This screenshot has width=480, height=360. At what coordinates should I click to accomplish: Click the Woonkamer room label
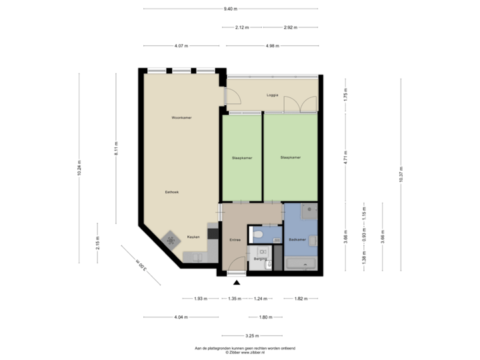click(181, 117)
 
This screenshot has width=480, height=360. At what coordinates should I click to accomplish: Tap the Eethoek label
click(172, 193)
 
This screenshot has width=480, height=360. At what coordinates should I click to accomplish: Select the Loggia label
click(272, 95)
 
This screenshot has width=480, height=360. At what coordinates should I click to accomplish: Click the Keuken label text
click(193, 237)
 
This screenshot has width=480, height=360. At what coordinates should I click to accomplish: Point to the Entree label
click(234, 239)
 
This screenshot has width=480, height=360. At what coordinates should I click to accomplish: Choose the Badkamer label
click(297, 239)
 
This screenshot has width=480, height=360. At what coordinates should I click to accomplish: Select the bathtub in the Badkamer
click(302, 264)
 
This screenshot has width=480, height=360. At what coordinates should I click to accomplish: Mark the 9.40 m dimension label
click(231, 9)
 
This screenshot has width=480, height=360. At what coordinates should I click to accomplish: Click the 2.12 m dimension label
click(241, 27)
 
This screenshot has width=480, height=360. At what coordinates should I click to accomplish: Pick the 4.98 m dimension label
click(272, 46)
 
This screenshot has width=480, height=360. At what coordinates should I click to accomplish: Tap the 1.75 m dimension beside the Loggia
click(345, 94)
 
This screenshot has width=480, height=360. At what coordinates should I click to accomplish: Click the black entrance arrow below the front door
click(237, 282)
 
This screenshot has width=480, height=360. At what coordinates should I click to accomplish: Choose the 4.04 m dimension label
click(179, 317)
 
